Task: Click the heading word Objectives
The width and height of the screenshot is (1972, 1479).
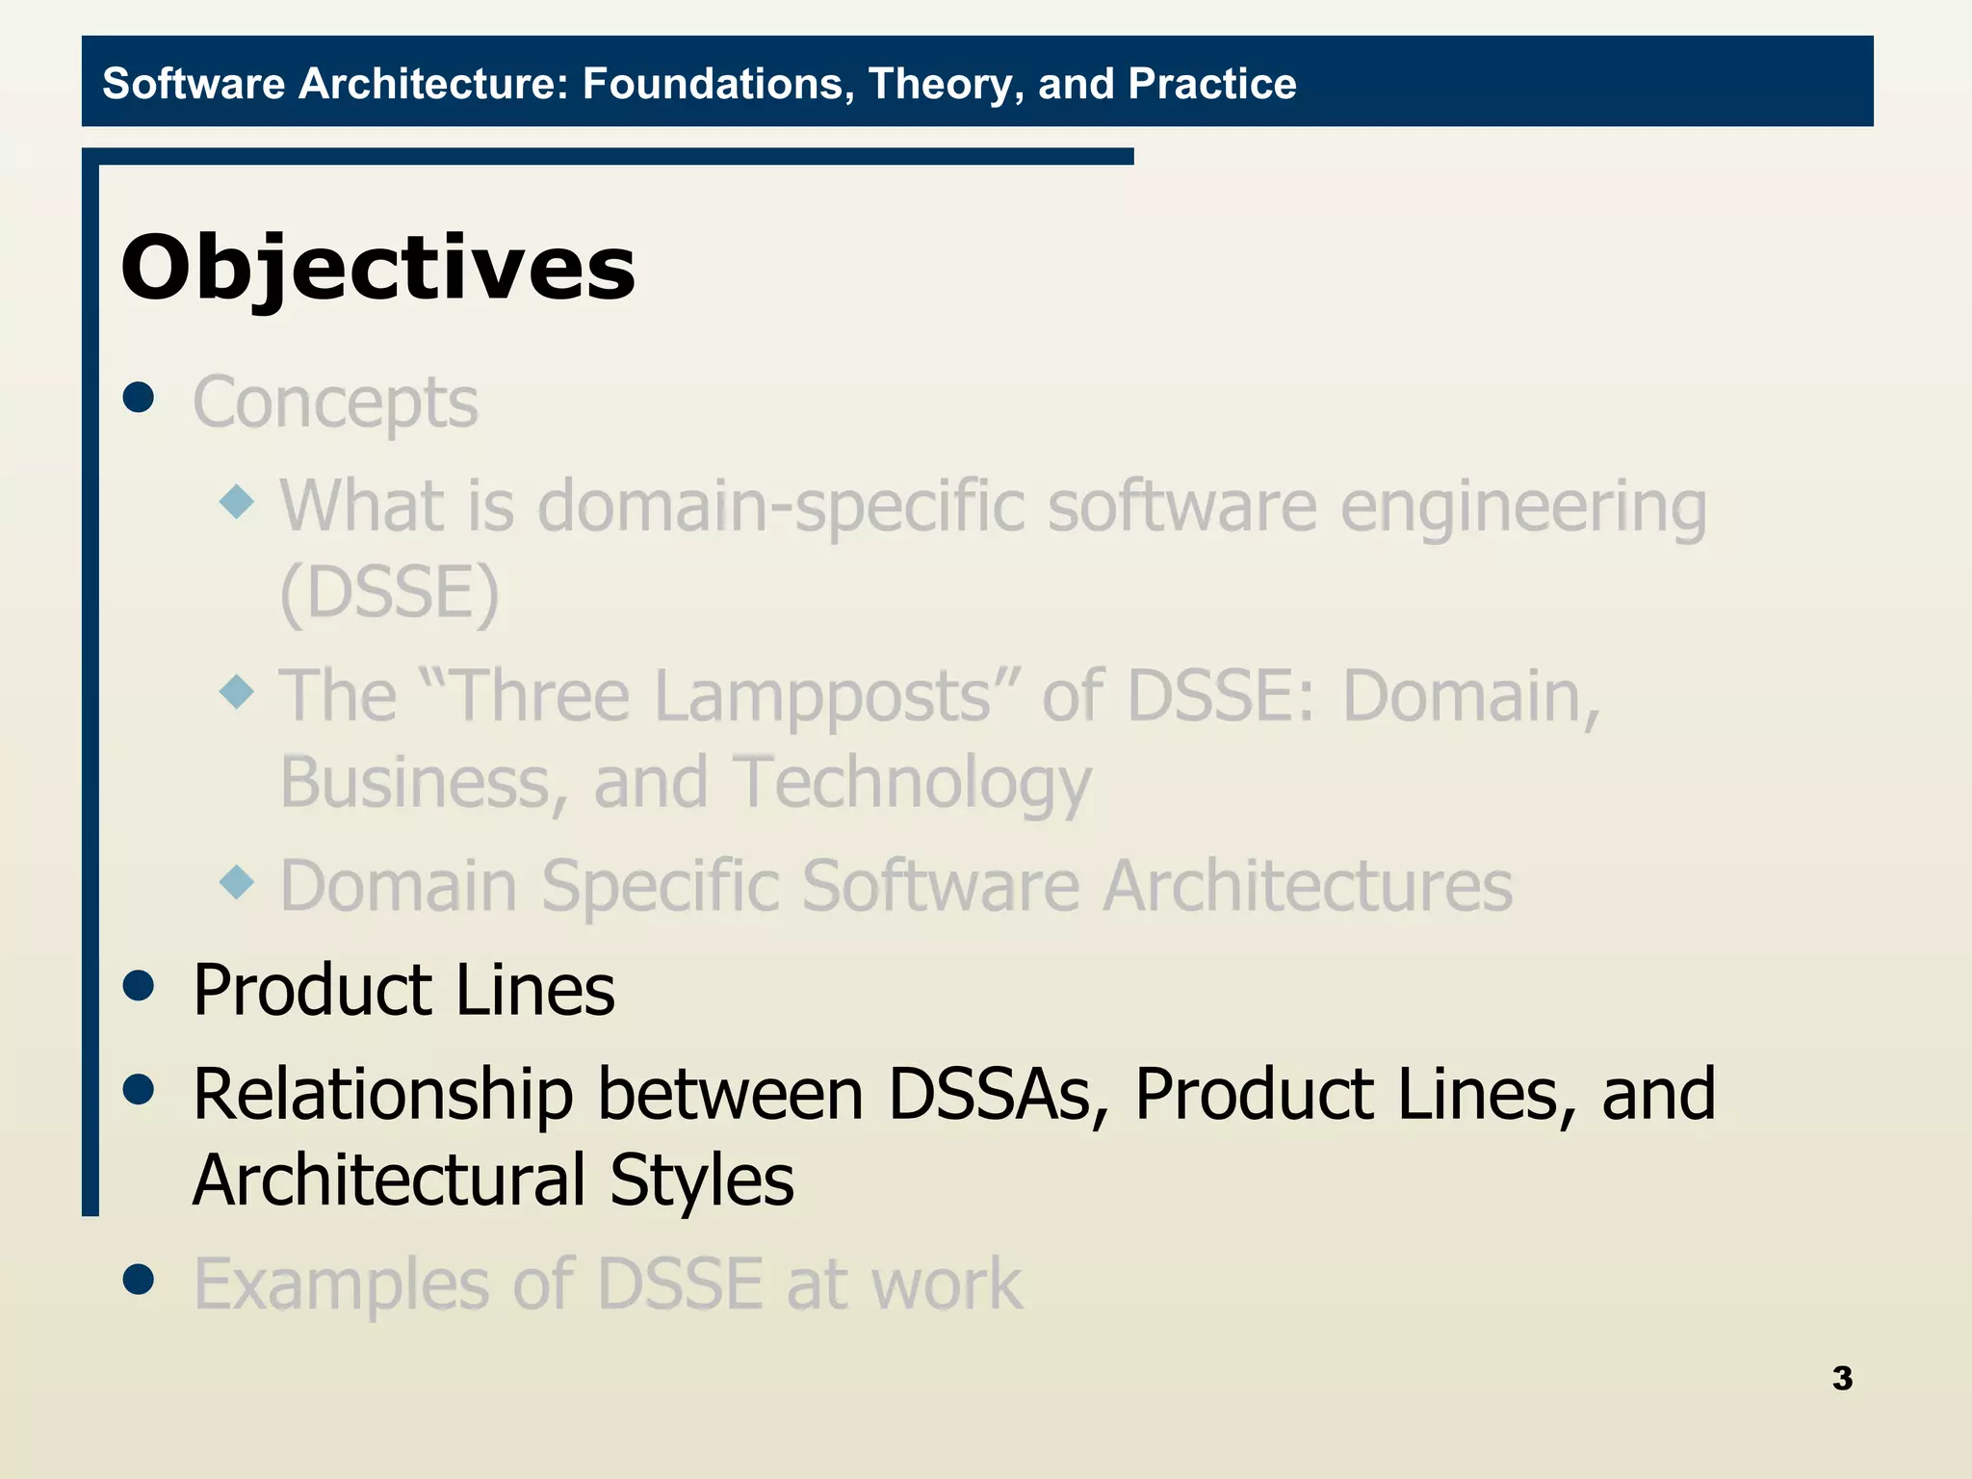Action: [377, 268]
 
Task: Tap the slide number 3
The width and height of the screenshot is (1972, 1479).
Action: [1842, 1378]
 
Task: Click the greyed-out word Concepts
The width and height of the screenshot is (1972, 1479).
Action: [335, 402]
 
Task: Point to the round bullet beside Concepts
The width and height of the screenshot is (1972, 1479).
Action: [140, 397]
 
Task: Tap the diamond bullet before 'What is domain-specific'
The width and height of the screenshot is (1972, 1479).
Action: [237, 502]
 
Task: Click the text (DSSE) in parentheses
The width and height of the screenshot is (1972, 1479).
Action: [389, 592]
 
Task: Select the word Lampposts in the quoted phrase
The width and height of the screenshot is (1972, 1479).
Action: [722, 695]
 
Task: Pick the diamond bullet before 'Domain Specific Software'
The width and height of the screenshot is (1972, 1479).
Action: [237, 881]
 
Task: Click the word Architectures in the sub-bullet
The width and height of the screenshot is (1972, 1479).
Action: [1308, 886]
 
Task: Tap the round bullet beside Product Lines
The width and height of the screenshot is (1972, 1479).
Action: [140, 985]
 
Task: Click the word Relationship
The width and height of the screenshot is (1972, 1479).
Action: [383, 1095]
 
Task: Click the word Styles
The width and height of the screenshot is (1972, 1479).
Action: [701, 1181]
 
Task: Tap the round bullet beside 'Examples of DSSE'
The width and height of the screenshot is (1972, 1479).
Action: [140, 1280]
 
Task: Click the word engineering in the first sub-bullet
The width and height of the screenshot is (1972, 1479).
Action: [1523, 507]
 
